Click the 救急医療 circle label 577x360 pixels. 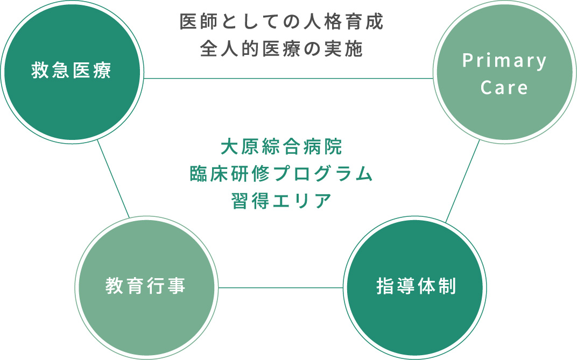71,70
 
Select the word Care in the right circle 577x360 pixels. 504,88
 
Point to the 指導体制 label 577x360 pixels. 416,286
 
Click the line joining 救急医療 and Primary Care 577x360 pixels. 288,79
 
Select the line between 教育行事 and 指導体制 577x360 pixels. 281,287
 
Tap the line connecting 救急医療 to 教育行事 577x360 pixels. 114,179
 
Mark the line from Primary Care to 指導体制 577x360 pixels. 462,181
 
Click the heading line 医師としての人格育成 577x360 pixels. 282,22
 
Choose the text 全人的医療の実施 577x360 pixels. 282,49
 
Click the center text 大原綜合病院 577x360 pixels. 282,147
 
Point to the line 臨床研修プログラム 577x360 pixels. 282,174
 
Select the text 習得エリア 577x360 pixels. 282,201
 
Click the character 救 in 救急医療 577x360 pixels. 40,70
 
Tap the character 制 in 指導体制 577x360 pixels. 448,286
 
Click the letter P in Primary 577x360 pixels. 468,60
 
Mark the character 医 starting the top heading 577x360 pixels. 188,22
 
